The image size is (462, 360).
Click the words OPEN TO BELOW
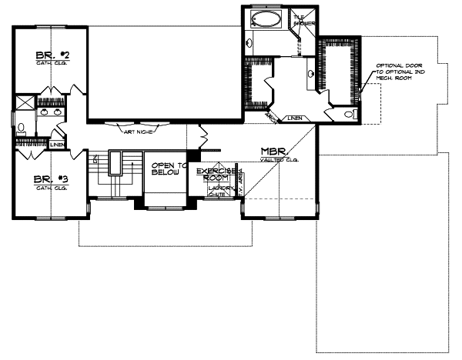166,169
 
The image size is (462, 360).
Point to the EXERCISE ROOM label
215,173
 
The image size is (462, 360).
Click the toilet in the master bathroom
350,115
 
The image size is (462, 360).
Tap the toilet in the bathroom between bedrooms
22,129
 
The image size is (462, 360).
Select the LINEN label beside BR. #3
57,144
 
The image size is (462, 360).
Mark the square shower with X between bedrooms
25,102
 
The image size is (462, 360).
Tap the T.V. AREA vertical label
240,182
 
